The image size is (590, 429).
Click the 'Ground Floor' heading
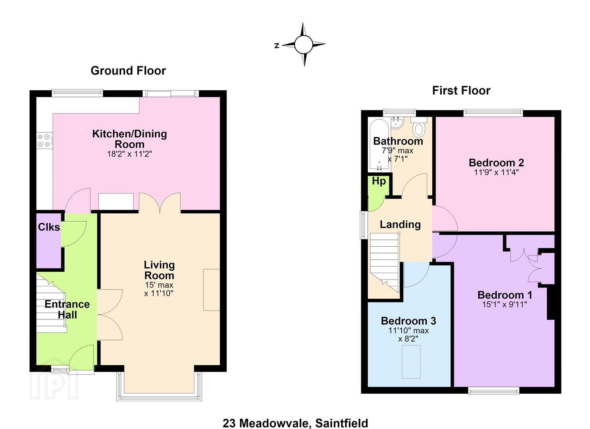128,71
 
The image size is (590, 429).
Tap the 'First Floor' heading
461,91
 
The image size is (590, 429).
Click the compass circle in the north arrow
304,44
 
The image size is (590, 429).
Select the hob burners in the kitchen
44,141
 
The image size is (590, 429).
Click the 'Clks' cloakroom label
49,227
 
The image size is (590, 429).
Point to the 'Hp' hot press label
379,181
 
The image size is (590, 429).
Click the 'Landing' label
400,225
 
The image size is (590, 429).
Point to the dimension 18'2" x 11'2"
130,154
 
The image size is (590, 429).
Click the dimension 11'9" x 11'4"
497,172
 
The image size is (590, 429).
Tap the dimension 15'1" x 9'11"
505,304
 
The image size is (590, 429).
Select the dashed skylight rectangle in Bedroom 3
411,362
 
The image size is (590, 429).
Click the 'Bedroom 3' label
408,321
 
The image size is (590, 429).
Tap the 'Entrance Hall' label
67,309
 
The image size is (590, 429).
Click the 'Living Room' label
159,270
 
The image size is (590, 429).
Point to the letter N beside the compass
277,46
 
